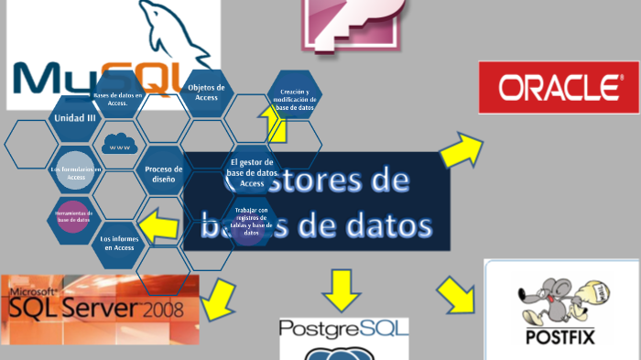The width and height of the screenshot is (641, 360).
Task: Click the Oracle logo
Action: (558, 88)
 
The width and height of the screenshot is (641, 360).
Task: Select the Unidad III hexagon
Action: (75, 118)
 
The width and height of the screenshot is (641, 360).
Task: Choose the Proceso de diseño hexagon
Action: (162, 174)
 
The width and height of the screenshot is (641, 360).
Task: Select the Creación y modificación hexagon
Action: (294, 100)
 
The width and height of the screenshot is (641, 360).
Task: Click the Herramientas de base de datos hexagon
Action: (74, 218)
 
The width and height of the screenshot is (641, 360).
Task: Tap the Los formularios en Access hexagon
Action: (75, 172)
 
